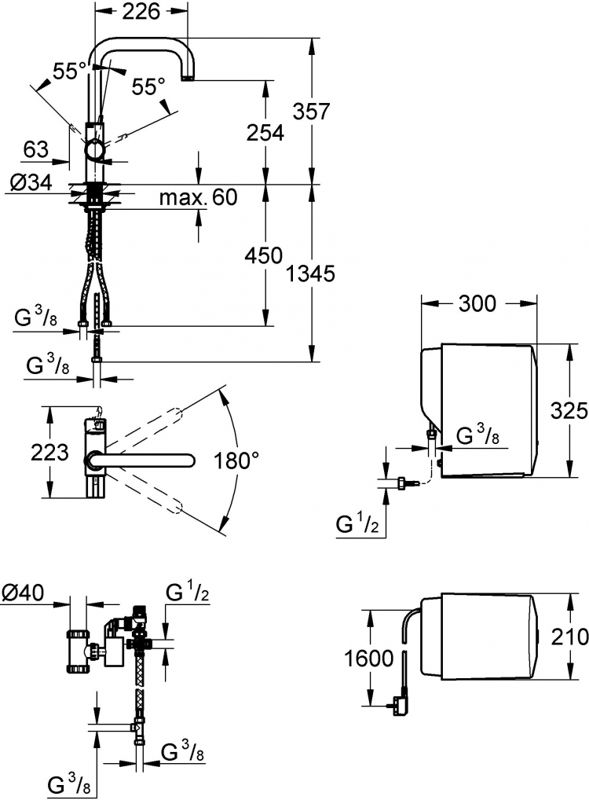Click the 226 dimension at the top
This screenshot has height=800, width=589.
click(x=141, y=11)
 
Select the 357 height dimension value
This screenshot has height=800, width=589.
click(x=312, y=111)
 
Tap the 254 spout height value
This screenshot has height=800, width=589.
click(x=265, y=133)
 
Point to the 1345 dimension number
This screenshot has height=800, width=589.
click(x=310, y=274)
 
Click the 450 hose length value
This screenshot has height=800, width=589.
click(x=264, y=255)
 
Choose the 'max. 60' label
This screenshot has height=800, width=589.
click(x=199, y=196)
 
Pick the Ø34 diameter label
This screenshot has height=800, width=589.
click(x=31, y=182)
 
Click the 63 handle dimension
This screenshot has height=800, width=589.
click(x=36, y=149)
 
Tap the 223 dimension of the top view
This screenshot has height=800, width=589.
click(x=49, y=452)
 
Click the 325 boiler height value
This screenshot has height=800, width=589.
click(x=569, y=410)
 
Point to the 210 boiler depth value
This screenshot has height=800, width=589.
click(x=569, y=637)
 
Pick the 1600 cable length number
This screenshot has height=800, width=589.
click(x=369, y=659)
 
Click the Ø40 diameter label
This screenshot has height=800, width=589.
click(x=24, y=593)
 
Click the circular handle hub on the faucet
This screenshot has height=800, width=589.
click(x=95, y=149)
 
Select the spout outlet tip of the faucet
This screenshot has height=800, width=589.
click(x=188, y=79)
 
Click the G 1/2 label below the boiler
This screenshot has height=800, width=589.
click(x=357, y=524)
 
